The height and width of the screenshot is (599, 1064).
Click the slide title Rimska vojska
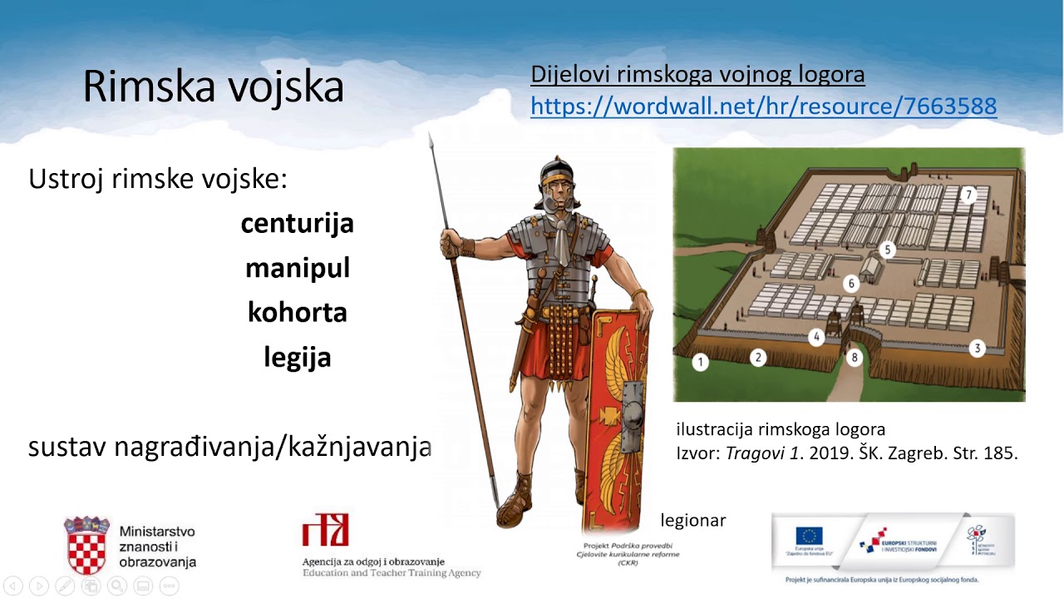click(x=213, y=86)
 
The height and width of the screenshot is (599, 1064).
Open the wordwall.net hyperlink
click(x=763, y=106)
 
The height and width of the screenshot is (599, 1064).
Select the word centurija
click(x=297, y=223)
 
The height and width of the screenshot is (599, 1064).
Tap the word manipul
click(x=297, y=268)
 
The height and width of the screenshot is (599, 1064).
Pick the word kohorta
click(x=297, y=312)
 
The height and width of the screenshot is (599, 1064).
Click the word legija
click(x=297, y=357)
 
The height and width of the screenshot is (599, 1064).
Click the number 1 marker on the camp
click(x=701, y=362)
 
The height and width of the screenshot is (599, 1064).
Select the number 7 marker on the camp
click(x=968, y=196)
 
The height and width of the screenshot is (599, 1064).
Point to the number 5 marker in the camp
click(x=888, y=249)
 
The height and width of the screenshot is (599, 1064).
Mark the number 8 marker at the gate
click(x=854, y=358)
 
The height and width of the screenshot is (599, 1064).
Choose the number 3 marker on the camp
click(x=978, y=349)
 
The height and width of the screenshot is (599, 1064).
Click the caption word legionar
click(x=693, y=521)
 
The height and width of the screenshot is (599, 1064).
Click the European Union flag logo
click(x=808, y=537)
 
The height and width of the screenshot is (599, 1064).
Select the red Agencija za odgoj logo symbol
click(x=326, y=530)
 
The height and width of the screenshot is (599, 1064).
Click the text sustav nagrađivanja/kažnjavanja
click(x=229, y=447)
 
